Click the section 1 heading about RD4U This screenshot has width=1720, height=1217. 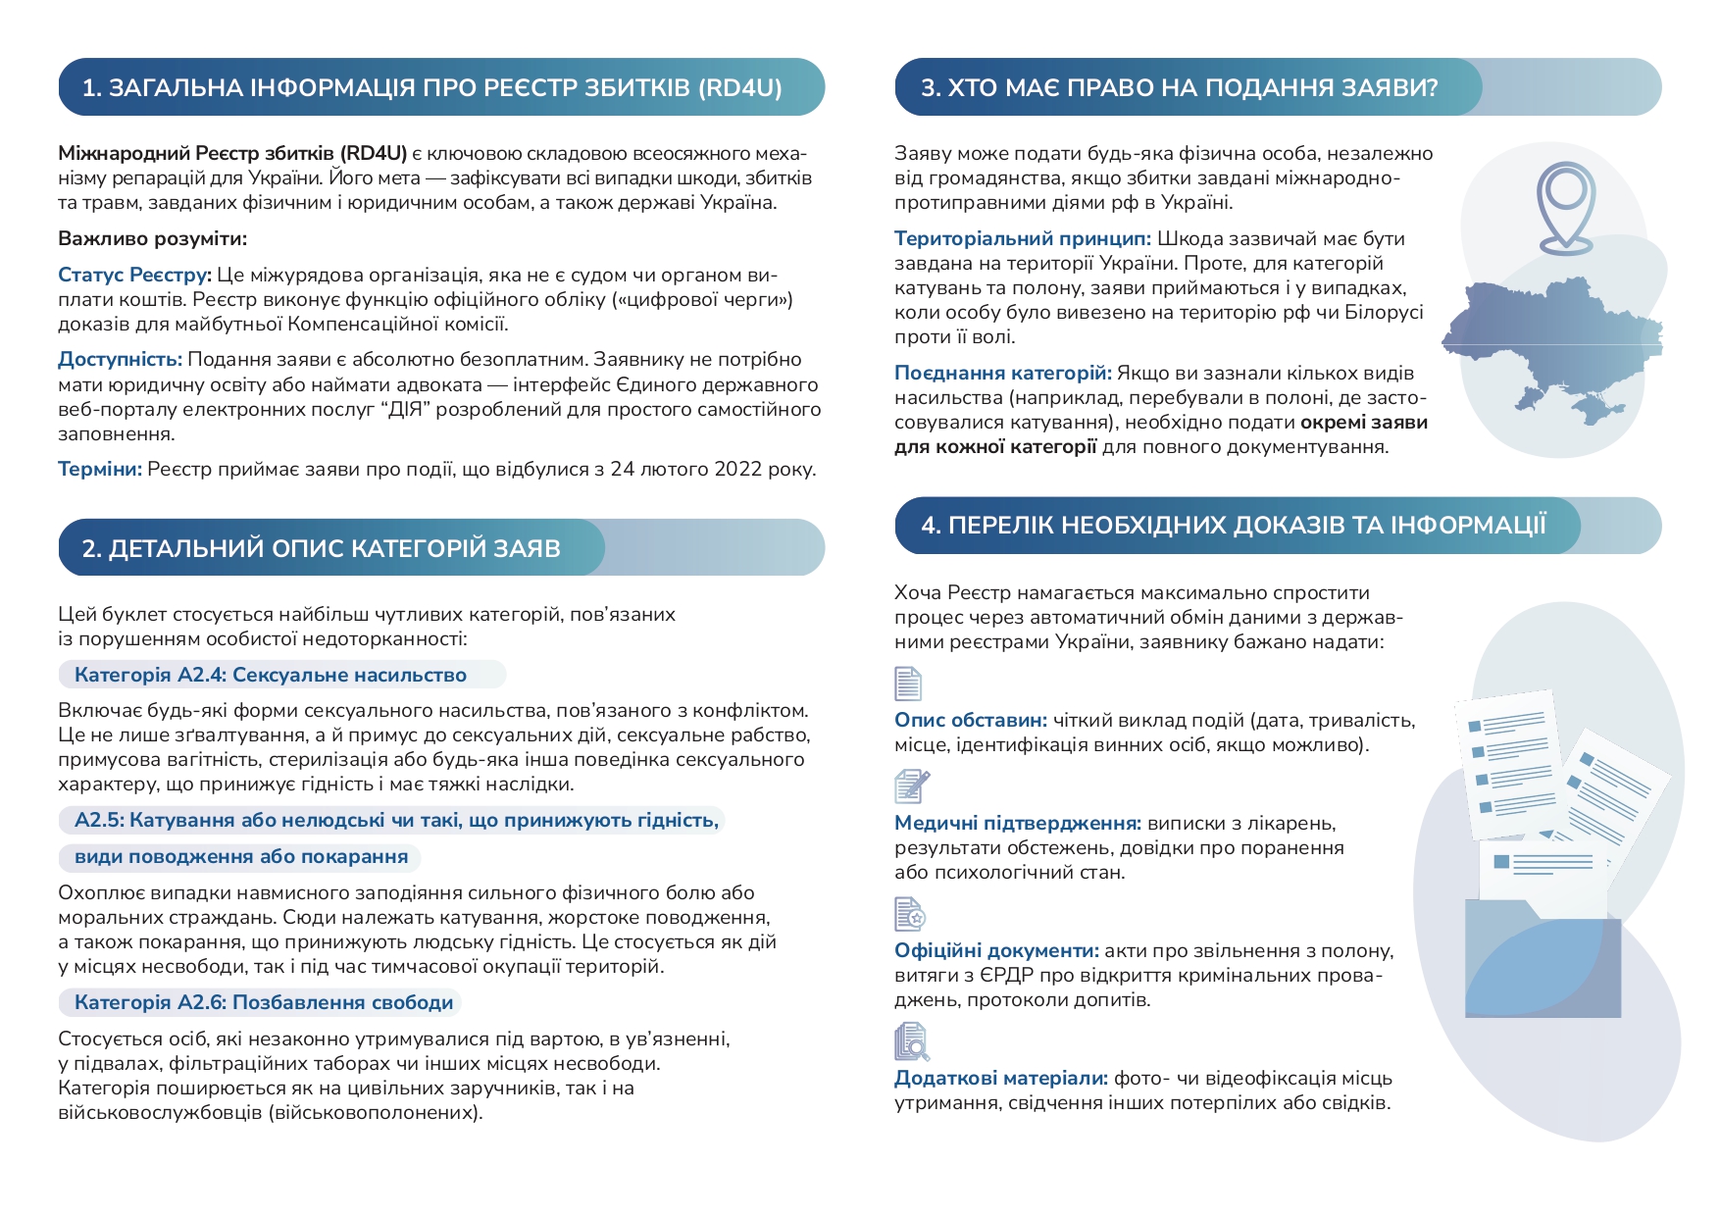tap(431, 88)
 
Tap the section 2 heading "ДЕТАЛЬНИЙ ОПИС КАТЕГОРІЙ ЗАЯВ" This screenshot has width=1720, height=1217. tap(321, 548)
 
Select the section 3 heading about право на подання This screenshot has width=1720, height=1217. tap(1179, 88)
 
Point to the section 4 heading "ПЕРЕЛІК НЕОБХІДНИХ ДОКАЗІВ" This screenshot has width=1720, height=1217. tap(1233, 526)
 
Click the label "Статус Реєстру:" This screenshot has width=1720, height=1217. tap(134, 276)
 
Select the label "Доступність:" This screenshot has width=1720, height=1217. tap(120, 360)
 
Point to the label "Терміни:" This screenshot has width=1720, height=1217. tap(100, 470)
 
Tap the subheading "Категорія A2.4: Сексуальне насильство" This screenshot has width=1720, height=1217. tap(271, 675)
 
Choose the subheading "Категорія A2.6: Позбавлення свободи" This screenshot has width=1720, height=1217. tap(264, 1002)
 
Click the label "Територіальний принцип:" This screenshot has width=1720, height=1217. tap(1023, 239)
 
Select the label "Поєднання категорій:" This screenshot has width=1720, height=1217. tap(1002, 374)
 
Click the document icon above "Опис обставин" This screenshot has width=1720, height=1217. tap(908, 684)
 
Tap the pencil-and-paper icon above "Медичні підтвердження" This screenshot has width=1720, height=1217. tap(911, 786)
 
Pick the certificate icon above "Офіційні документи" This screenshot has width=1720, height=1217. tap(910, 914)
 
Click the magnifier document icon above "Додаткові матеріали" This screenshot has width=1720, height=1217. tap(911, 1041)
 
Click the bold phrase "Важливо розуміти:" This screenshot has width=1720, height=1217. tap(153, 239)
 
